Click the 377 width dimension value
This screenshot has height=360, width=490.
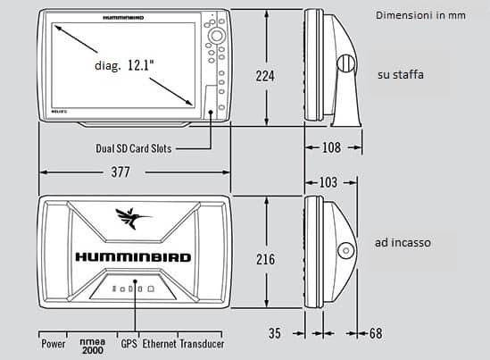point(120,172)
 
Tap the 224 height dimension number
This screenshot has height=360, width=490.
point(265,76)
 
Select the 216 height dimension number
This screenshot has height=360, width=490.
point(266,259)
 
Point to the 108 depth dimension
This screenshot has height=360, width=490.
point(331,147)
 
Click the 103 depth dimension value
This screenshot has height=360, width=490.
point(328,182)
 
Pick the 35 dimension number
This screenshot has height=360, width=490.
point(275,333)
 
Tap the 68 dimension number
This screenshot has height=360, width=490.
point(376,333)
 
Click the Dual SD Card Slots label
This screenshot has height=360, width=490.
point(134,148)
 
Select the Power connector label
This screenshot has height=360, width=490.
point(54,344)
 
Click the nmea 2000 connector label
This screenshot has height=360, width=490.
point(93,346)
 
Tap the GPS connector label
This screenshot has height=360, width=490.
point(129,344)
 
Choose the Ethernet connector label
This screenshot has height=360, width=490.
point(160,344)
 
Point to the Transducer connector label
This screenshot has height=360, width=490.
point(202,344)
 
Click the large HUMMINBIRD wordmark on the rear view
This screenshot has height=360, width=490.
point(133,257)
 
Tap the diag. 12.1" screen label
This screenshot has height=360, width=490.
point(124,65)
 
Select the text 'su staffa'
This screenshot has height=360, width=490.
point(401,75)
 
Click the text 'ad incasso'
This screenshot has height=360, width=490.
point(403,243)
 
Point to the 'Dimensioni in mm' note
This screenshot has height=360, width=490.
point(420,15)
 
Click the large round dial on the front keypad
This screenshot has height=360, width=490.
point(217,36)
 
